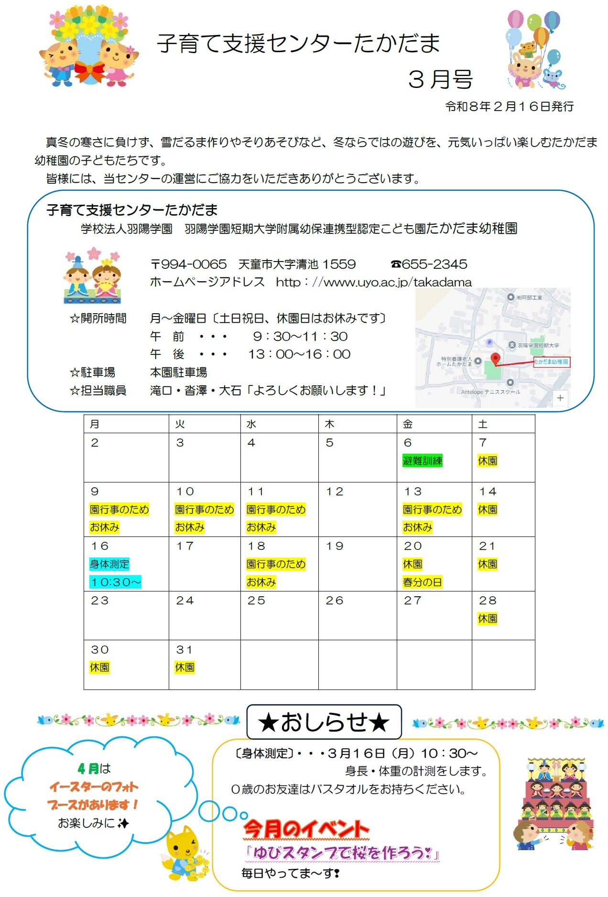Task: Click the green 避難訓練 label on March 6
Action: [x=422, y=460]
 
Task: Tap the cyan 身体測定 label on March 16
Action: [x=109, y=564]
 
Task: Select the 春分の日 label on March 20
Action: [x=422, y=582]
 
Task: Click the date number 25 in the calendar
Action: [x=256, y=601]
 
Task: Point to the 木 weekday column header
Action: [x=329, y=424]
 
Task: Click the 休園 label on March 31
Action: [x=185, y=667]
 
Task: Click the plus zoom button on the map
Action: [x=560, y=398]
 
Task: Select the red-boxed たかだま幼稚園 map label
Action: [x=552, y=362]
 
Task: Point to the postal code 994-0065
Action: [x=193, y=264]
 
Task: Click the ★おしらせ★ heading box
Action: [x=324, y=722]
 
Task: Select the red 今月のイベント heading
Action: [x=306, y=829]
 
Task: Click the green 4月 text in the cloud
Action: [x=88, y=768]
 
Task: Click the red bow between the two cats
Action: [x=90, y=72]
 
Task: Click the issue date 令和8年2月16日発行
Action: [x=509, y=106]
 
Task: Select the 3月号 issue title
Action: [x=440, y=79]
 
